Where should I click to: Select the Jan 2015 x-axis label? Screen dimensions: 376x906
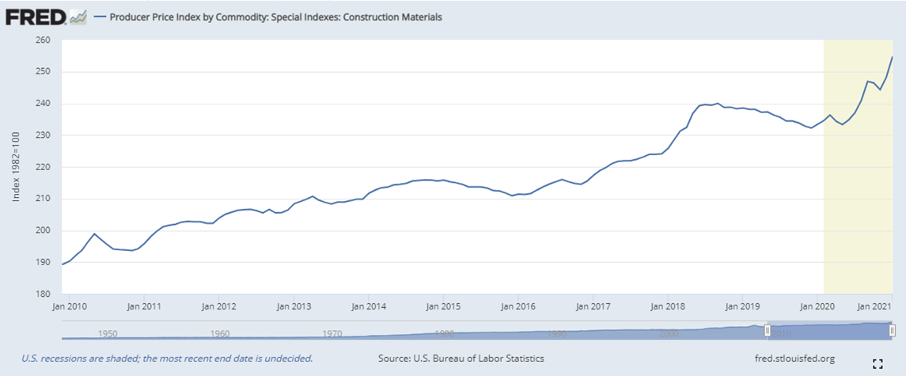[x=444, y=305]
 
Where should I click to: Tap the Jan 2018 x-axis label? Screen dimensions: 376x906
[x=669, y=305]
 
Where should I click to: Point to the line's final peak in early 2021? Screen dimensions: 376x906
[x=893, y=57]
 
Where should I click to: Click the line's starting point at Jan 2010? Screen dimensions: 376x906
[x=63, y=264]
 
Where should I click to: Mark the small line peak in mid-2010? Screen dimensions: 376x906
[x=94, y=234]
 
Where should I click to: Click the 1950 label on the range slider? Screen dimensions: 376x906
[x=107, y=334]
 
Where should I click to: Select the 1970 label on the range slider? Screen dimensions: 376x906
[x=332, y=334]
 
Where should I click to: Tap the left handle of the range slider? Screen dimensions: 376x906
[x=767, y=329]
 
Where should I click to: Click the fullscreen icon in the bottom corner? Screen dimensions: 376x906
[x=877, y=364]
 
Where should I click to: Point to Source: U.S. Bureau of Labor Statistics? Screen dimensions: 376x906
[x=461, y=359]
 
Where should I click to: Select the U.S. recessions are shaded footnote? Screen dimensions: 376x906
[x=166, y=359]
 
